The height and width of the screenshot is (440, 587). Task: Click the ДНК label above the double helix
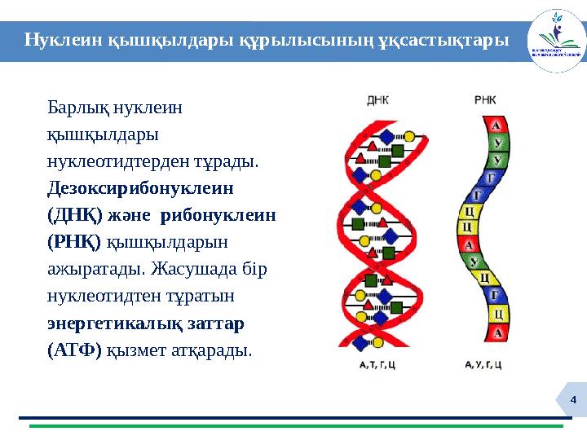tap(377, 101)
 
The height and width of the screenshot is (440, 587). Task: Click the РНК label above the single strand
tap(485, 101)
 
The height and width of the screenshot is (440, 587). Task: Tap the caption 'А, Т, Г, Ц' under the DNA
tap(377, 366)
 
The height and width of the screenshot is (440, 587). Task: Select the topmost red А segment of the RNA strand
tap(495, 125)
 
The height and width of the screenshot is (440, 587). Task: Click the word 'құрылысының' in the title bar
tap(307, 40)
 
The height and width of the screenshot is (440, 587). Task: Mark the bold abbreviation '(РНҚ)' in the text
tap(73, 242)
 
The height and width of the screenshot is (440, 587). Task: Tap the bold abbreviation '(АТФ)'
tap(74, 350)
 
